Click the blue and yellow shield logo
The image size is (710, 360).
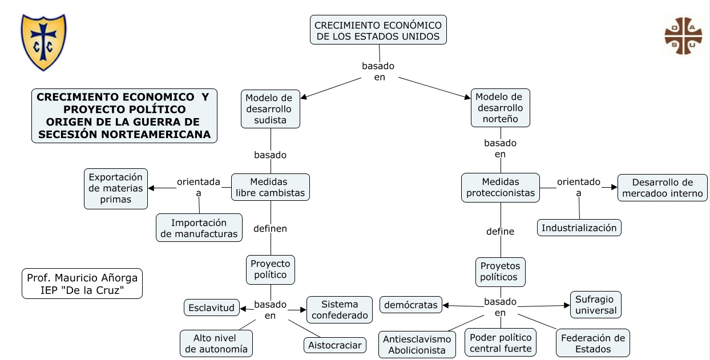pos(43,42)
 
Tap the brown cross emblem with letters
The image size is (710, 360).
pos(683,36)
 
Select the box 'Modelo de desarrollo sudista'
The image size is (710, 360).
pos(271,109)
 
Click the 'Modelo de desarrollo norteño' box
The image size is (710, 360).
pos(500,108)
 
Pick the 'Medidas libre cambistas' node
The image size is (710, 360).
pos(271,187)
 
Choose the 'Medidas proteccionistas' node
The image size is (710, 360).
pos(501,187)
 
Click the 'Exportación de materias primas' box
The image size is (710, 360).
pos(116,188)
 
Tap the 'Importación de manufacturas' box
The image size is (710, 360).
pos(199,228)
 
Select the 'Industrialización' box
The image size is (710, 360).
pos(579,228)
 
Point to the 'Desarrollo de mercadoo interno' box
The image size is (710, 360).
pos(663,188)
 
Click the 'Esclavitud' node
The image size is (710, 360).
pos(211,308)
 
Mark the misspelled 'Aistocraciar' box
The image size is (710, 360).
pos(335,345)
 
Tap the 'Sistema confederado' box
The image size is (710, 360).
pos(340,310)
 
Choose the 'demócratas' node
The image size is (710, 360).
pos(411,305)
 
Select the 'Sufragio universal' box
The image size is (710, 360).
pos(596,305)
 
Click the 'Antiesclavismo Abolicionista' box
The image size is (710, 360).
pos(417,345)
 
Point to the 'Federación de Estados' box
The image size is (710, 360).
pos(593,343)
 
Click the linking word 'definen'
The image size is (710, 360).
pos(270,228)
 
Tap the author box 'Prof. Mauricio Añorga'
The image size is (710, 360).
pos(82,284)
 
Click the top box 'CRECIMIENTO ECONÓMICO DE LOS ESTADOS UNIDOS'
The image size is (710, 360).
pos(378,30)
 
